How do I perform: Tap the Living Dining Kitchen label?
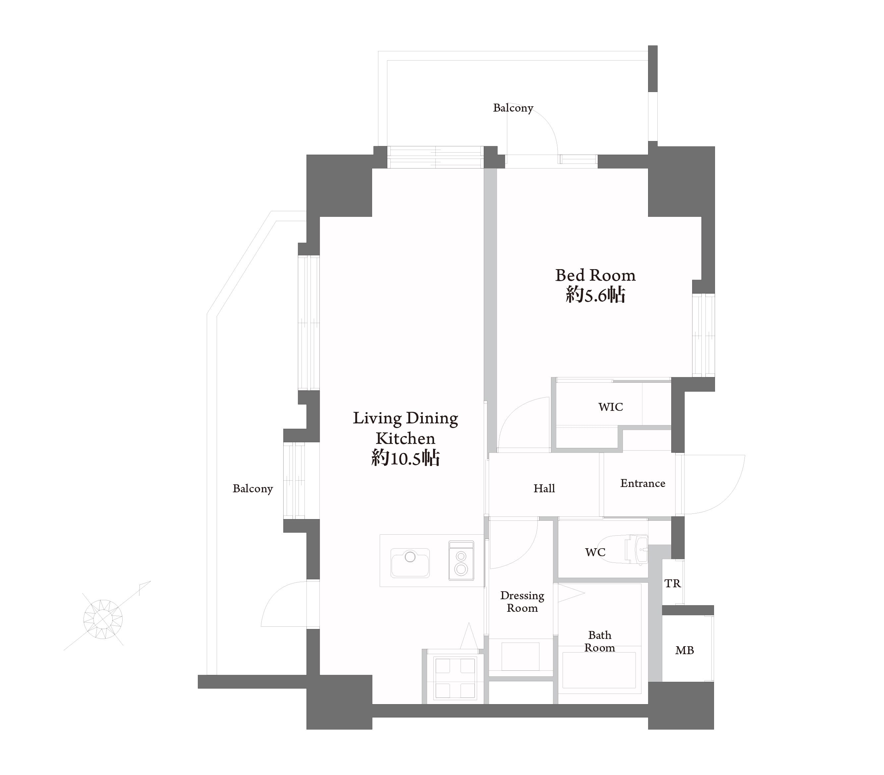click(x=405, y=428)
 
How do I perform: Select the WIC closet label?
click(x=611, y=407)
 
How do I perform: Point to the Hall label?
click(x=544, y=488)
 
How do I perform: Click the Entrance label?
click(x=643, y=483)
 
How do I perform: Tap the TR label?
click(x=673, y=584)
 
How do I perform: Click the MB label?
click(x=685, y=650)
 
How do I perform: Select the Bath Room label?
click(x=599, y=642)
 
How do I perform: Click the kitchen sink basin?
click(x=410, y=563)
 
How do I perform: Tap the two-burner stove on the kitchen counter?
click(x=461, y=560)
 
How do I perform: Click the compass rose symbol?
click(x=103, y=619)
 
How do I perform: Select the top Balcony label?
click(x=513, y=108)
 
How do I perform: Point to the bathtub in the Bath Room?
click(x=599, y=670)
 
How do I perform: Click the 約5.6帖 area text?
click(x=595, y=295)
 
